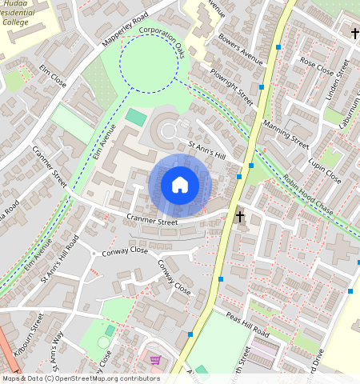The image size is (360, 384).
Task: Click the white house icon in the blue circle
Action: [180, 186]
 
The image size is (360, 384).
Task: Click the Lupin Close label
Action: [326, 172]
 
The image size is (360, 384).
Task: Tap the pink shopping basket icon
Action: [155, 360]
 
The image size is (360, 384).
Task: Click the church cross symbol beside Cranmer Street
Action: [238, 216]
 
